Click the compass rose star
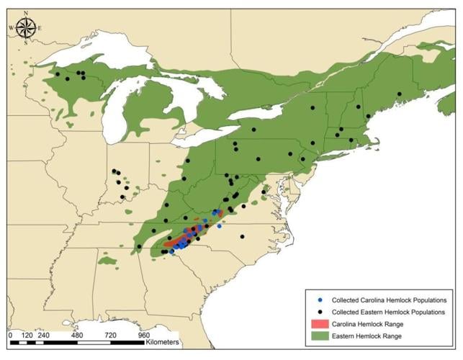click(26, 28)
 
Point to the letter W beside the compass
click(12, 28)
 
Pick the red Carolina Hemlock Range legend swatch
click(320, 324)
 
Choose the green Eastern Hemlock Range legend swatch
click(320, 337)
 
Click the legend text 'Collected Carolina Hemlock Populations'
click(389, 299)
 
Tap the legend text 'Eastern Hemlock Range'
click(369, 337)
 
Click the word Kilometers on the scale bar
click(161, 341)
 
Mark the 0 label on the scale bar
click(11, 335)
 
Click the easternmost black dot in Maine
click(399, 94)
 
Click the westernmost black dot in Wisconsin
click(57, 73)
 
